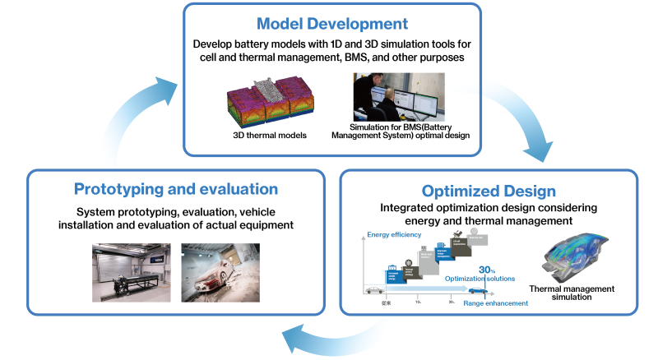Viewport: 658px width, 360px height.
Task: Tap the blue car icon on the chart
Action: (x=476, y=290)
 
